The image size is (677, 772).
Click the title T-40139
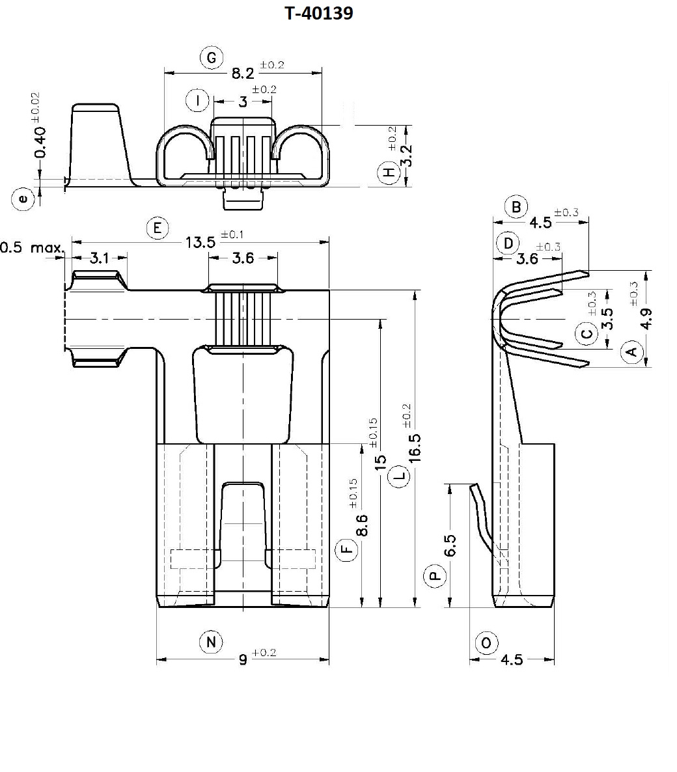click(319, 13)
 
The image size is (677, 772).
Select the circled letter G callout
click(211, 58)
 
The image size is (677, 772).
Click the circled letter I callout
click(197, 101)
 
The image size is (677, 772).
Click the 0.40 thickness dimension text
click(40, 142)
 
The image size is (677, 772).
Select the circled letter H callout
click(389, 173)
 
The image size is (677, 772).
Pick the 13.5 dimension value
click(200, 242)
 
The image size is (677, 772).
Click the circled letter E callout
click(157, 228)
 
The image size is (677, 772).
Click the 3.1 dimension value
click(99, 258)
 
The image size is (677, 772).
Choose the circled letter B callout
click(516, 207)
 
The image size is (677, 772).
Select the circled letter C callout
click(587, 335)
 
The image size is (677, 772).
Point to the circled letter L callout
click(400, 476)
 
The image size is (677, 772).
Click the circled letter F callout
click(348, 550)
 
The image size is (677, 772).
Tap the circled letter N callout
click(210, 642)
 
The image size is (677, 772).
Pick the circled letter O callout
click(486, 643)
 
